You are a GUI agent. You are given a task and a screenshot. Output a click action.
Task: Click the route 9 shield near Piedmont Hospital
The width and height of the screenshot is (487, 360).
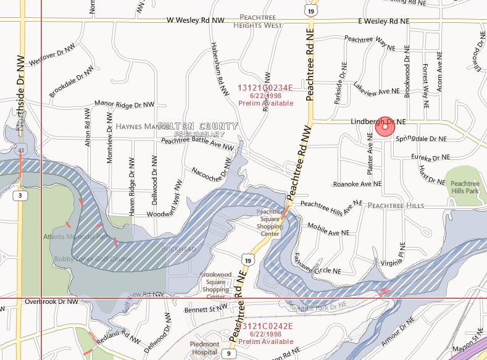pyautogui.click(x=228, y=353)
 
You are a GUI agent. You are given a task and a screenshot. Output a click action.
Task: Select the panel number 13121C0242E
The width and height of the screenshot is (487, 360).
pyautogui.click(x=265, y=326)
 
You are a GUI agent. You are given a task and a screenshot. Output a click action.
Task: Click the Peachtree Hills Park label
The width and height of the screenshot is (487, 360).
pyautogui.click(x=465, y=188)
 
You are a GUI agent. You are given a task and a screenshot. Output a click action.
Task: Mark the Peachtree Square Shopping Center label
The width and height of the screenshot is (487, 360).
pyautogui.click(x=270, y=223)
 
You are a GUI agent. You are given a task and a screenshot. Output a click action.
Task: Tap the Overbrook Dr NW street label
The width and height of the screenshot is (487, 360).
pyautogui.click(x=52, y=302)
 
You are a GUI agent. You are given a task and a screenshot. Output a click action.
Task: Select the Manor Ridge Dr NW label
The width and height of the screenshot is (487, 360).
pyautogui.click(x=124, y=104)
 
